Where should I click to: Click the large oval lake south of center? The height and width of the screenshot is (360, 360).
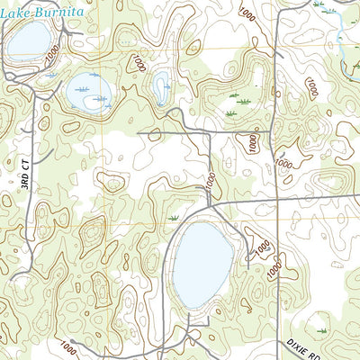pos(203,263)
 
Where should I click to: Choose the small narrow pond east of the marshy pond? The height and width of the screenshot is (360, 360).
pos(161,88)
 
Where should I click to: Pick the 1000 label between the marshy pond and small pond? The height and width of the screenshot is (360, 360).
pos(137,63)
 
